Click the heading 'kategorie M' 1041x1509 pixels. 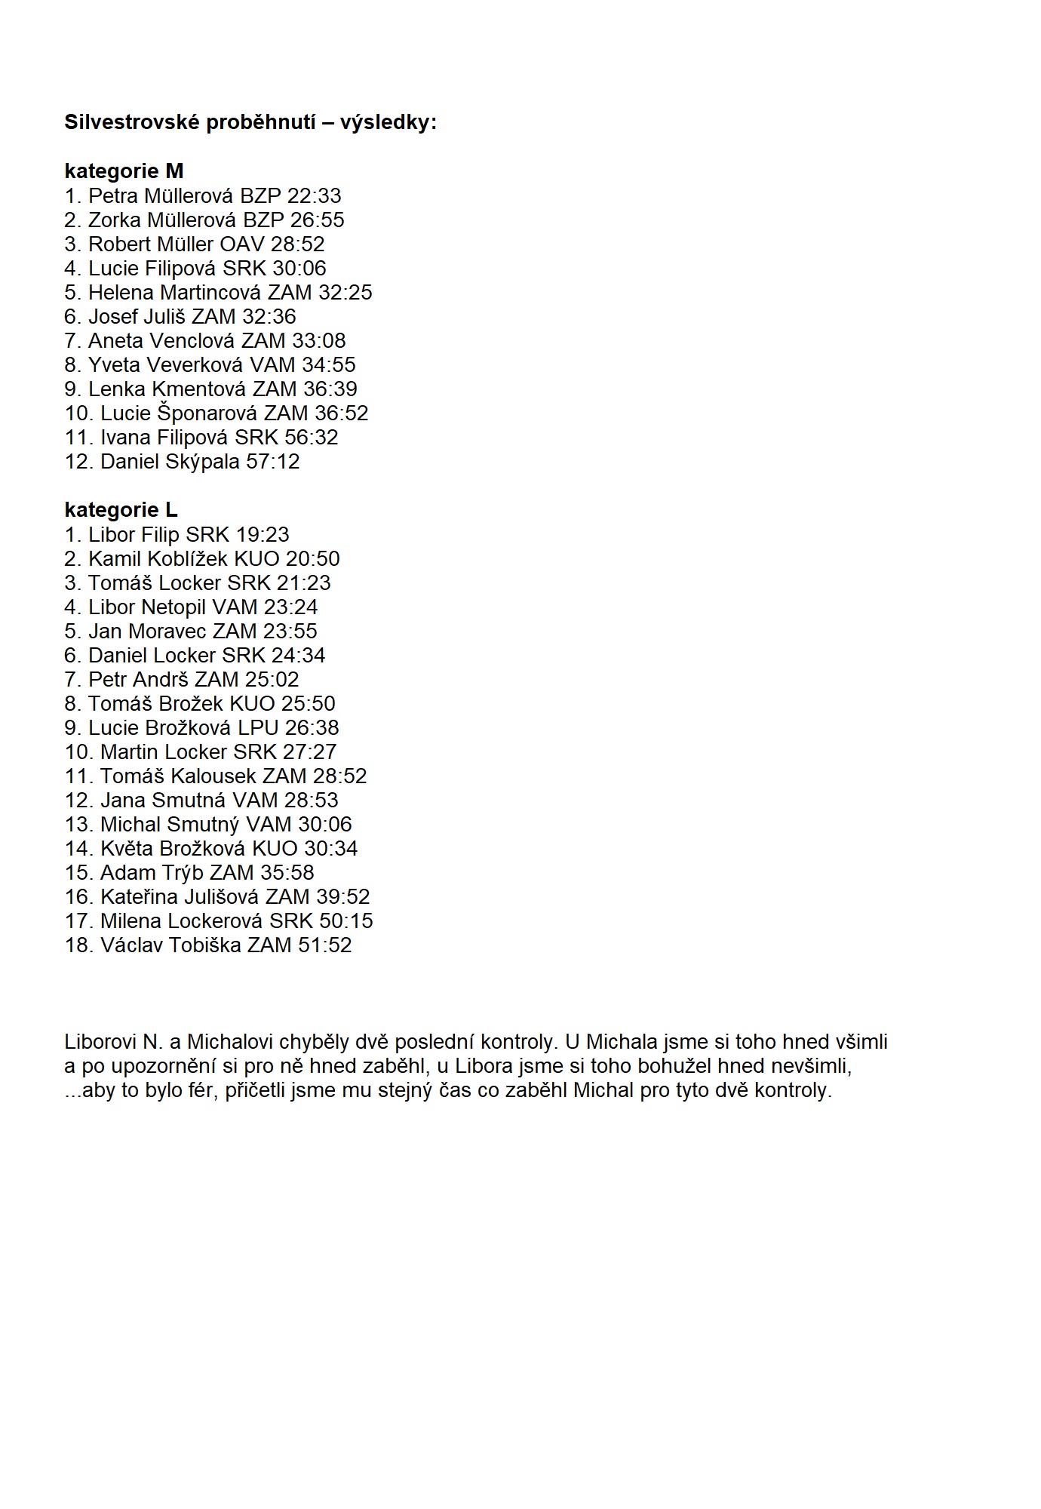coord(124,171)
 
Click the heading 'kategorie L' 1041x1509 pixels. coord(121,510)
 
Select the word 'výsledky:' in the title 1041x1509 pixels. coord(388,122)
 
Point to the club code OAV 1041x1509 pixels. coord(242,244)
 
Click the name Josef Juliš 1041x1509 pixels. coord(140,317)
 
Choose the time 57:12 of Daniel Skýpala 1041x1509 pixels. coord(273,462)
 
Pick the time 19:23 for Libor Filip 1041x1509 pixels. coord(263,535)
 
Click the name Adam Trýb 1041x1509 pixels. coord(152,873)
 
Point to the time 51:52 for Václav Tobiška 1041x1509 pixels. coord(325,945)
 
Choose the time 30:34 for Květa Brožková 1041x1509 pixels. coord(331,849)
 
